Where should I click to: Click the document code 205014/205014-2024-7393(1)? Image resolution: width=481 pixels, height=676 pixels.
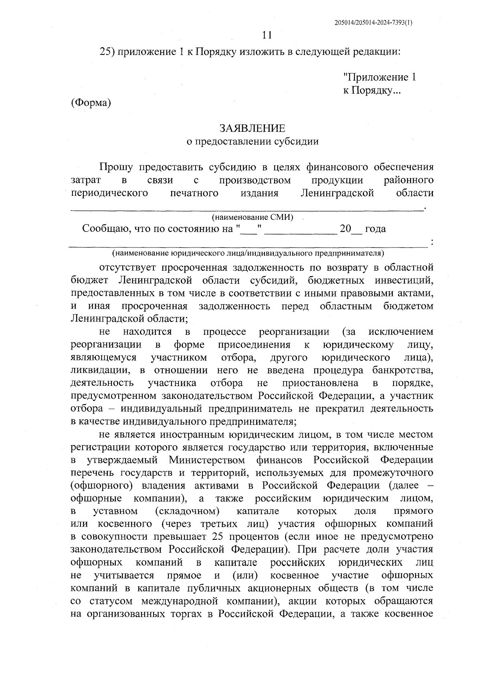pos(373,23)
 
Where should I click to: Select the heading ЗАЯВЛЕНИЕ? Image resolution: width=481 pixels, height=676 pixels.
pos(253,129)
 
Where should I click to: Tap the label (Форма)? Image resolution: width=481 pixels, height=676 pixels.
pos(91,103)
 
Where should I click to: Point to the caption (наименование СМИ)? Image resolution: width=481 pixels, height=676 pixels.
pos(253,217)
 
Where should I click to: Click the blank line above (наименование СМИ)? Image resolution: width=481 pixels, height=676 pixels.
pos(247,208)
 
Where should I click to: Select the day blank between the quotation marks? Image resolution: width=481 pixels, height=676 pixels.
pos(250,230)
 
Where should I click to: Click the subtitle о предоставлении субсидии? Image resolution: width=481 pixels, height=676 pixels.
pos(253,141)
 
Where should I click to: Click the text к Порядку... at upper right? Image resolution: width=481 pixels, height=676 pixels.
pos(372,91)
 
